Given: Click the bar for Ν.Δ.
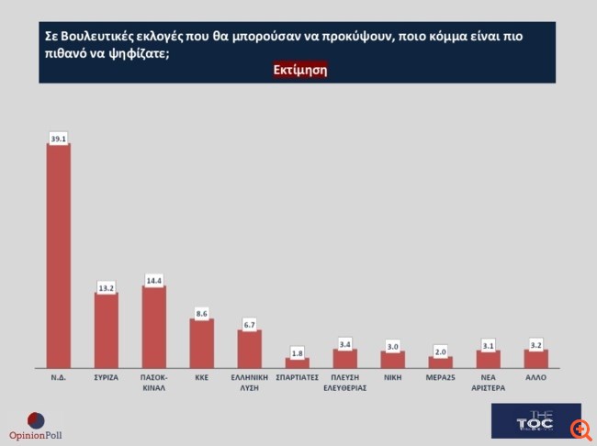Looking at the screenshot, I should point(59,255).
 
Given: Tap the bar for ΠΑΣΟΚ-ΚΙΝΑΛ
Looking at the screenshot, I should point(154,326).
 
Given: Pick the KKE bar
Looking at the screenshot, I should point(201,343).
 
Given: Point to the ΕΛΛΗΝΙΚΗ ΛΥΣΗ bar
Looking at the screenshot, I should point(249,348).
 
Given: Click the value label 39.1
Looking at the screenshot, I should point(59,138).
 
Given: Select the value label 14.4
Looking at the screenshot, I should point(154,279).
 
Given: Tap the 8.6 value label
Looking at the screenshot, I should point(201,313).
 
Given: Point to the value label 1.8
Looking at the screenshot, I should point(297,351).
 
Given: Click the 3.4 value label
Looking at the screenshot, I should point(344,343).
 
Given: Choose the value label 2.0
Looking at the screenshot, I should point(440,351).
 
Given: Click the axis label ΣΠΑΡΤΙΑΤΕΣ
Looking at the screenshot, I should point(297,376).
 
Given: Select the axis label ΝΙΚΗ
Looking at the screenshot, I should point(392,376).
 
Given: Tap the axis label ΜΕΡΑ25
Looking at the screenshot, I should point(440,376).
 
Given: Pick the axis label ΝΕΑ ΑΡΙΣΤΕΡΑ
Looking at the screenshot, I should point(488,382).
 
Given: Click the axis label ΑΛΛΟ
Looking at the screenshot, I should point(535,376).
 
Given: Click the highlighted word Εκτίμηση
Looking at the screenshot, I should point(300,70).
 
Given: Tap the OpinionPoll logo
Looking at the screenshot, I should point(36,426).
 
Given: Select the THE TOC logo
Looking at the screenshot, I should point(535,420).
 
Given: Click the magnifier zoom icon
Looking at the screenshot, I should point(580,429).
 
